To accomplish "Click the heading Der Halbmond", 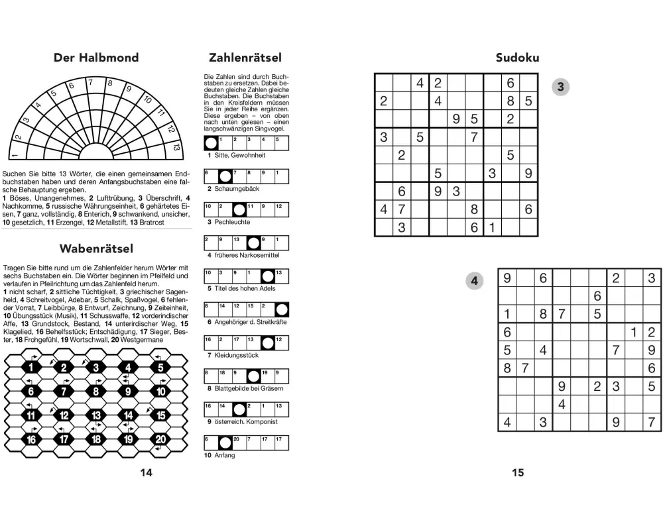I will pos(96,58).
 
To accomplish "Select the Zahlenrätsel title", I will pos(245,58).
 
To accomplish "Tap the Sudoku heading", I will pos(517,58).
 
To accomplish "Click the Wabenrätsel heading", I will pos(96,249).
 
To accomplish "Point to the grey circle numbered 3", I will pos(561,87).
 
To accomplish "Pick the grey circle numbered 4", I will pos(474,281).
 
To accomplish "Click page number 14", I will pos(147,472).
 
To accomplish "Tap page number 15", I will pos(518,472).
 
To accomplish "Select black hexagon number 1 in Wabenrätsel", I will pos(31,367).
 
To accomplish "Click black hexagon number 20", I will pos(160,439).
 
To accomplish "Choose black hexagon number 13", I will pos(96,415).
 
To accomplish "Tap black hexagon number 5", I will pos(160,367).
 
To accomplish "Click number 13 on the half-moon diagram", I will pos(175,147).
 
